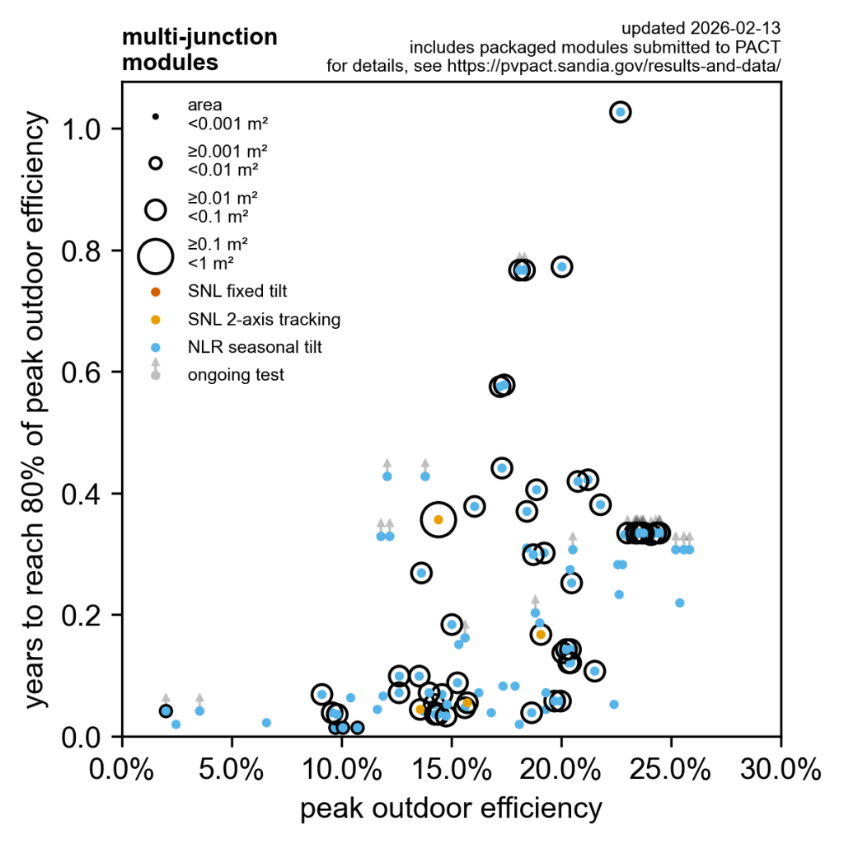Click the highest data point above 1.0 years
621,111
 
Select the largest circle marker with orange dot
438,519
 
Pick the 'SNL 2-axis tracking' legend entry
264,319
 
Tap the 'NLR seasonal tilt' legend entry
255,347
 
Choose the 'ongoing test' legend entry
236,375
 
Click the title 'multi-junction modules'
199,49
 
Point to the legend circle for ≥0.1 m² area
155,256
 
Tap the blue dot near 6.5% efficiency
266,723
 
